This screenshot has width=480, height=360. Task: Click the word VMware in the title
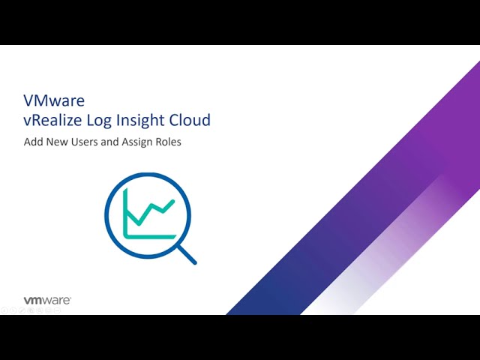(54, 100)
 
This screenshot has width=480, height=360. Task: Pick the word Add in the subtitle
(33, 142)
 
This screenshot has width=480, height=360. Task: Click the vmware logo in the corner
(47, 300)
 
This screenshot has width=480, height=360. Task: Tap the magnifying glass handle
(187, 255)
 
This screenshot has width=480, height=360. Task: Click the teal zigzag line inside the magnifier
(151, 211)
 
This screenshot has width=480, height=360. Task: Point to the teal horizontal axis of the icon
(150, 237)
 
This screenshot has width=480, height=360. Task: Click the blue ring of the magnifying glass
(106, 215)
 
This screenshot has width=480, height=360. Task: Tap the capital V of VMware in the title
(28, 100)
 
